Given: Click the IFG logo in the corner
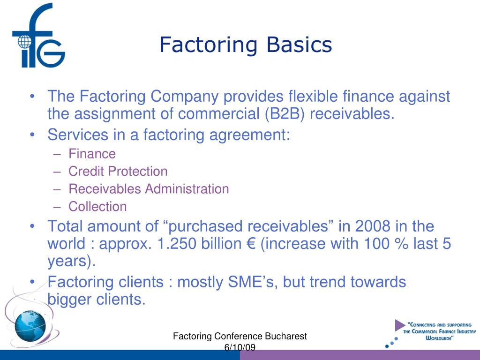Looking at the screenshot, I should pos(37,37).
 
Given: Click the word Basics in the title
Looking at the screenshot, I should pos(300,45).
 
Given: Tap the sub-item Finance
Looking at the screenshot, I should pos(92,154).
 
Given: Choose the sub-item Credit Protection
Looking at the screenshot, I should pos(118,172).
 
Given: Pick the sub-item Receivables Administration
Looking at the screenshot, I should pos(149,189).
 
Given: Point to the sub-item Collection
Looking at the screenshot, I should pos(97,207).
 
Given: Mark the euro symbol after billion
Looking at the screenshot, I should pos(248,245).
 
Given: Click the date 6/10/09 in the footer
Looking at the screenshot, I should pos(240,347).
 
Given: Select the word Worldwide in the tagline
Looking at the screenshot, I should pos(439,337).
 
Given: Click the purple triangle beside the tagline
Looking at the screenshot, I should pos(399,325).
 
